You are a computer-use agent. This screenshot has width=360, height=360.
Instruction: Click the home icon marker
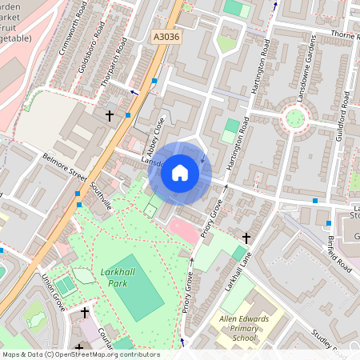[x=180, y=173]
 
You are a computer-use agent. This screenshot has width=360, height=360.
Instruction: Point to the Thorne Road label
[x=341, y=37]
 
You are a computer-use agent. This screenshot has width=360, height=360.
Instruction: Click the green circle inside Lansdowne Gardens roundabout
[x=295, y=118]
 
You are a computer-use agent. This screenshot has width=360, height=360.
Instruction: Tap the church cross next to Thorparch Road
[x=110, y=116]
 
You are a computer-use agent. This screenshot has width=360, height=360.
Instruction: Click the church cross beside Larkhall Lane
[x=246, y=238]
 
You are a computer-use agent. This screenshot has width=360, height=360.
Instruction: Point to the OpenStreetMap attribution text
[x=80, y=354]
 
